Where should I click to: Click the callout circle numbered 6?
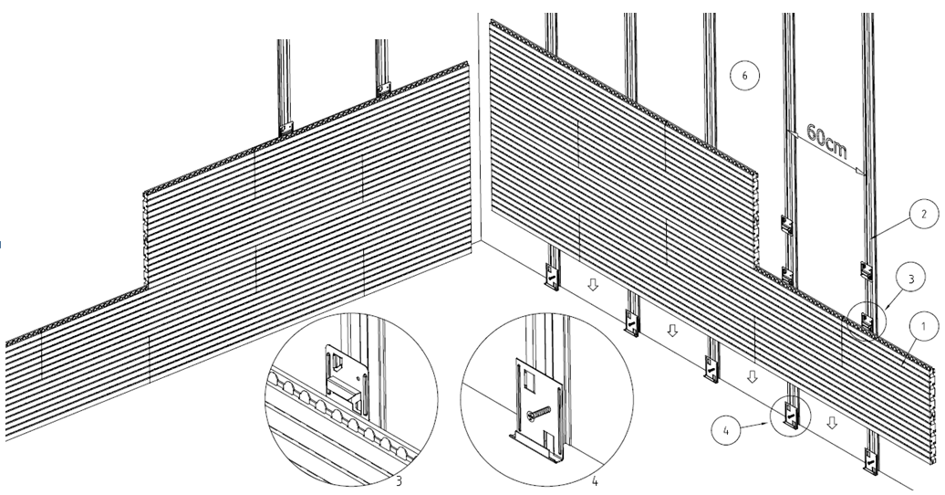click(x=744, y=76)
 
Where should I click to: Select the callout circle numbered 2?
click(x=923, y=214)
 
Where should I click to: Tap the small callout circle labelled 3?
click(x=910, y=279)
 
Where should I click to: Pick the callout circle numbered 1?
click(x=923, y=327)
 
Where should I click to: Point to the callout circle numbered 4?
click(x=726, y=430)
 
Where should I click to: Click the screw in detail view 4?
click(x=539, y=413)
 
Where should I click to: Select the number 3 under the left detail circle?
click(x=399, y=481)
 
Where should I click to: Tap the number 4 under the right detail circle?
click(x=595, y=481)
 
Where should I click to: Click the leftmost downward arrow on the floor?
click(x=592, y=284)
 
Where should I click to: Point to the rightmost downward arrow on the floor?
click(x=832, y=423)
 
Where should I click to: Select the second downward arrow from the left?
click(x=672, y=331)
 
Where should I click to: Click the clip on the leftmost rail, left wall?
click(x=286, y=128)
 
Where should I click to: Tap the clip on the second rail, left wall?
click(x=383, y=89)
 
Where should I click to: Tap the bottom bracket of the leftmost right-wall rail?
click(x=552, y=277)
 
